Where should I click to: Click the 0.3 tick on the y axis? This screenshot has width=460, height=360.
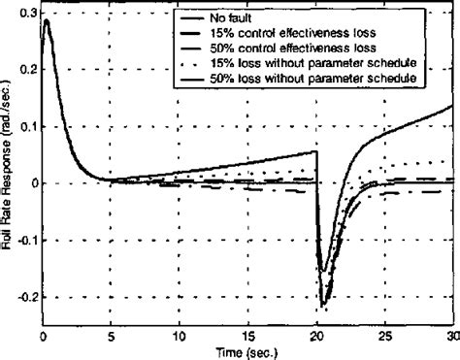(23, 14)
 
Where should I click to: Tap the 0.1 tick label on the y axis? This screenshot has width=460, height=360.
(23, 126)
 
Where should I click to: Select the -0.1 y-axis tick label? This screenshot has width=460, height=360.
(20, 239)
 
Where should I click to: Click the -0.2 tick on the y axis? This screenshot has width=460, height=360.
(20, 295)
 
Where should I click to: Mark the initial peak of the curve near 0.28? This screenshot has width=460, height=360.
(47, 20)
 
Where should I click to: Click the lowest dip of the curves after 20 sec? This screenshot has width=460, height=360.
(323, 305)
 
